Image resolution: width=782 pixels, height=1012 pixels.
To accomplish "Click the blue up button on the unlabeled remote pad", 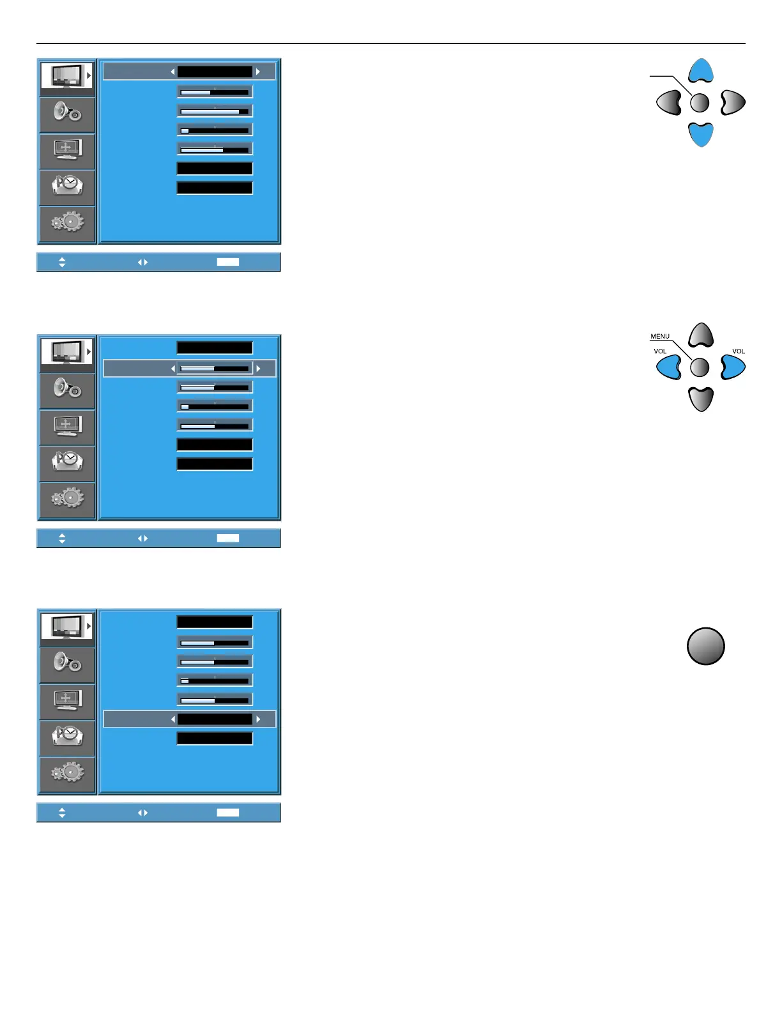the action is (701, 70).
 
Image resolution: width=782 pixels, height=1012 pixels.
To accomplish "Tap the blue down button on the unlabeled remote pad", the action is (701, 135).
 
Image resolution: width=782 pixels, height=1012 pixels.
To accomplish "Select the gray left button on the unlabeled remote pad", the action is (669, 102).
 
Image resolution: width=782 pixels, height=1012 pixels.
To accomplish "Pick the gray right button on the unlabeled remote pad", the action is (733, 102).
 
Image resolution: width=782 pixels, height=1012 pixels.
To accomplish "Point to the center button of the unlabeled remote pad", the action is (700, 102).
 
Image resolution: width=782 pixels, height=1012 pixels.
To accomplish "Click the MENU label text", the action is (660, 336).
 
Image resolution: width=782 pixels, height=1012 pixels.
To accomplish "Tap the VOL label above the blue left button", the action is (660, 351).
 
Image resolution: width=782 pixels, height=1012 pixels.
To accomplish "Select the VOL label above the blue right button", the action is (739, 351).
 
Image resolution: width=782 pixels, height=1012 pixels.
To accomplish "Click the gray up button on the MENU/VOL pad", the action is (701, 335).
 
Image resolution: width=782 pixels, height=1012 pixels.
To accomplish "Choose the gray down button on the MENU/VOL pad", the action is (701, 399).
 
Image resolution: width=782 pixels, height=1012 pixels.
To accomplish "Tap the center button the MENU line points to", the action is (700, 367).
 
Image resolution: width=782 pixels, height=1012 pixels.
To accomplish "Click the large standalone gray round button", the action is (705, 646).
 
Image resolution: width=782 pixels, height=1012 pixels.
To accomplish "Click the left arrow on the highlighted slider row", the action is (172, 369).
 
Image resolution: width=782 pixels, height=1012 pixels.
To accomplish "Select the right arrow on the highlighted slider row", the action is (258, 369).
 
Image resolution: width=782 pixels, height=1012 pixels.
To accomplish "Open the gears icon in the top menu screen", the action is (68, 222).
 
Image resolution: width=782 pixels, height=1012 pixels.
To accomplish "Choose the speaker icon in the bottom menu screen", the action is (67, 663).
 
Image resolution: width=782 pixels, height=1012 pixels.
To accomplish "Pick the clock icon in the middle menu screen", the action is (68, 461).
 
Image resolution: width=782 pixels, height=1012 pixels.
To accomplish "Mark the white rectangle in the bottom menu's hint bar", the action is (228, 813).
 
